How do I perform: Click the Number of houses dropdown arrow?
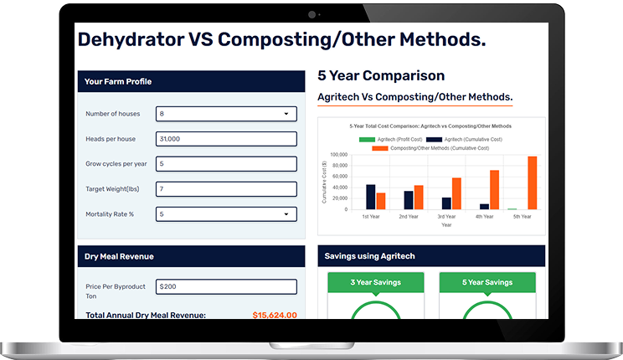pyautogui.click(x=286, y=114)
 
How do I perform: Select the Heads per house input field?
pyautogui.click(x=226, y=139)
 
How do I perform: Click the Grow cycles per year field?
pyautogui.click(x=226, y=164)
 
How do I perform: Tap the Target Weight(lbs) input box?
pyautogui.click(x=226, y=189)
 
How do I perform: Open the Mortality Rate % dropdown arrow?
pyautogui.click(x=286, y=214)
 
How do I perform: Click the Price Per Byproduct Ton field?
pyautogui.click(x=226, y=287)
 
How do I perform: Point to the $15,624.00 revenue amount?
pyautogui.click(x=274, y=316)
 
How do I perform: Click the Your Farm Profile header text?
pyautogui.click(x=118, y=82)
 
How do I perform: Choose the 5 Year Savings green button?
pyautogui.click(x=487, y=283)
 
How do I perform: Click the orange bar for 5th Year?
pyautogui.click(x=532, y=183)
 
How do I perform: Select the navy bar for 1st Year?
pyautogui.click(x=371, y=197)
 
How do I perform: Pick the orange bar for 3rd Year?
pyautogui.click(x=456, y=193)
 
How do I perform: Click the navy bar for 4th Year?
pyautogui.click(x=484, y=206)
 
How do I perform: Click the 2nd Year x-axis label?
pyautogui.click(x=409, y=217)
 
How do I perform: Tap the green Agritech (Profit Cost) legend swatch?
pyautogui.click(x=367, y=139)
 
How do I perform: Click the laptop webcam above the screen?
pyautogui.click(x=312, y=14)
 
